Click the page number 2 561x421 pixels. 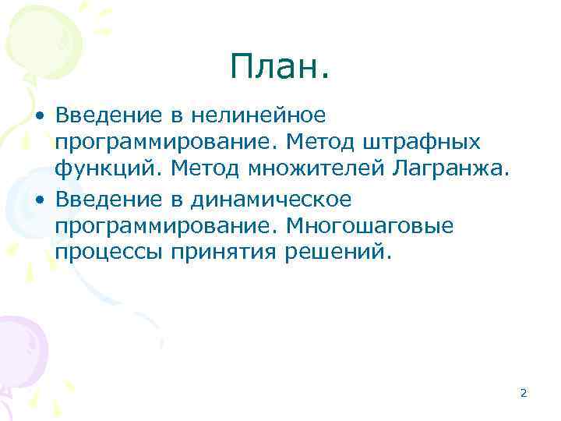tap(523, 393)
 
